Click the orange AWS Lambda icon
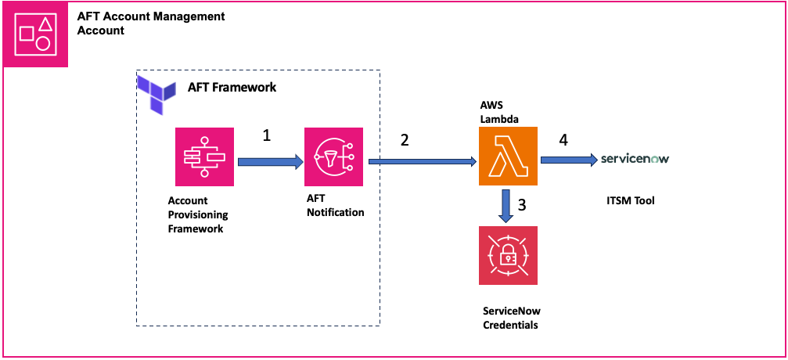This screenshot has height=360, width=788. point(508,157)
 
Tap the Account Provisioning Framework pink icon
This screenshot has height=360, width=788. point(203,157)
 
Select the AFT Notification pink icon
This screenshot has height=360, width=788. point(334,157)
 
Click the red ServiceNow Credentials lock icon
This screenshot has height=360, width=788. point(508,255)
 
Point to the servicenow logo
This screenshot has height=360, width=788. point(635,159)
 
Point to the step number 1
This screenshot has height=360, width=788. point(267,135)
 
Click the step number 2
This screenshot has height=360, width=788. point(405,141)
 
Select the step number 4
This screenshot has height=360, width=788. point(563,141)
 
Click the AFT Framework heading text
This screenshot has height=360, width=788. point(232,88)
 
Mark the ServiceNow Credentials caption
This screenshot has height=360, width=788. point(511,318)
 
